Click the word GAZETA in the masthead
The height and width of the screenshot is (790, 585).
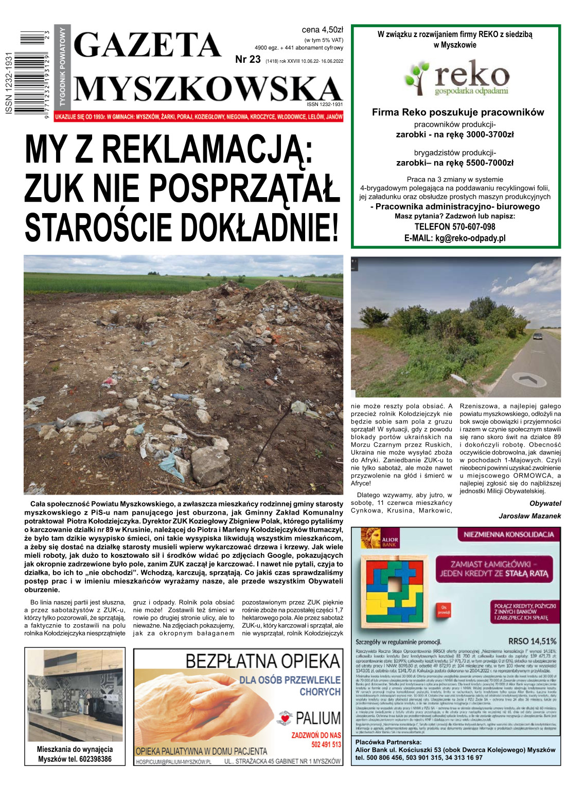point(148,45)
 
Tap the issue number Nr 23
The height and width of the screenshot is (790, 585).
point(248,60)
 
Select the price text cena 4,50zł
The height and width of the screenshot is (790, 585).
point(322,30)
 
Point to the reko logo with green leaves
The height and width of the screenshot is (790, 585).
point(456,78)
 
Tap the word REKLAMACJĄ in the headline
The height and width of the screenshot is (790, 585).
point(207,150)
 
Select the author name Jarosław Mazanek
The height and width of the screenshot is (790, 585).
point(529,516)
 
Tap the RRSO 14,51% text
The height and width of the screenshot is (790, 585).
point(532,641)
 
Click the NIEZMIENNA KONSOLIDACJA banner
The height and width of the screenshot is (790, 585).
point(508,535)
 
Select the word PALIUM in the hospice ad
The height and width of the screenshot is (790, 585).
point(317,718)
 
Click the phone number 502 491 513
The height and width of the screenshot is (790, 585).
point(326,745)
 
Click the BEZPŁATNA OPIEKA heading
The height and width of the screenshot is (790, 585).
point(262,661)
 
